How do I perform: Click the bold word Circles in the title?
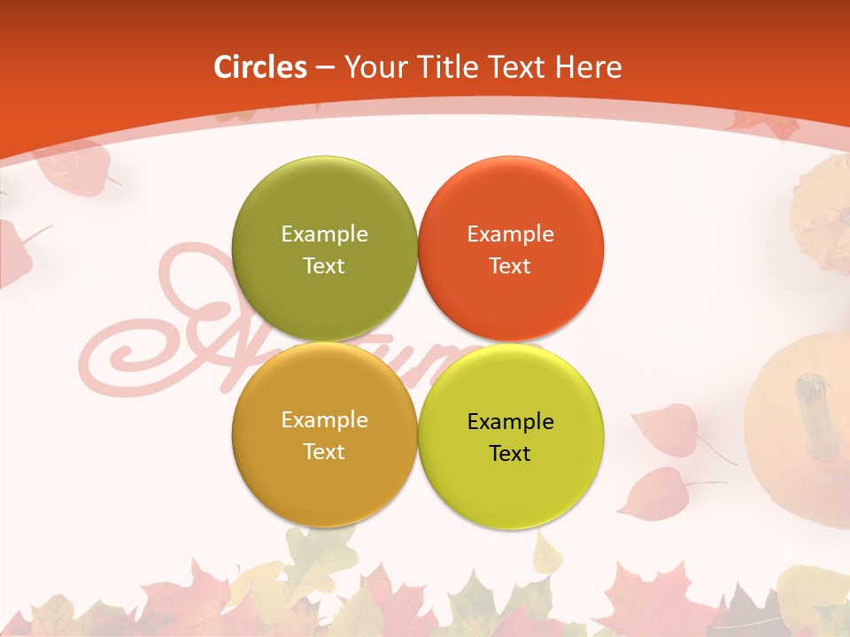(x=259, y=67)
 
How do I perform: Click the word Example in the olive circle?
(x=324, y=234)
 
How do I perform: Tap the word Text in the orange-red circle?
(x=510, y=265)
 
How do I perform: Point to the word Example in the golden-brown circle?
(x=324, y=419)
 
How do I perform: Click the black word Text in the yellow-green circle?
(x=510, y=453)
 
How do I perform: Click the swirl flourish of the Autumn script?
(x=115, y=354)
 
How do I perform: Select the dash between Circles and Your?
(x=325, y=67)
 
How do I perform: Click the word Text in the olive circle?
(x=324, y=265)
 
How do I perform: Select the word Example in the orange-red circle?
(x=510, y=234)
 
